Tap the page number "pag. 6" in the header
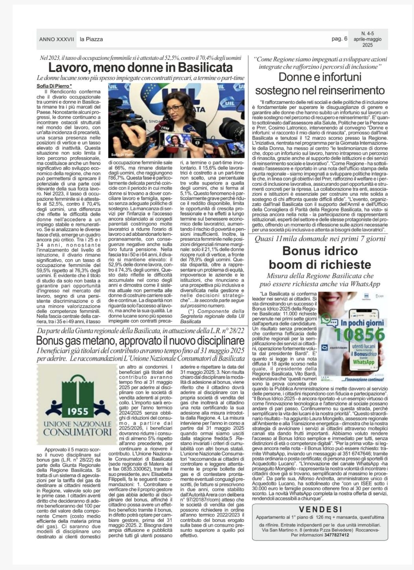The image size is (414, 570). tap(340, 39)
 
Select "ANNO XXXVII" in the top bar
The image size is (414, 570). tap(57, 39)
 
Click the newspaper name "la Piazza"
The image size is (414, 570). tap(91, 39)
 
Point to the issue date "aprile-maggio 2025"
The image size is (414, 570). tap(367, 42)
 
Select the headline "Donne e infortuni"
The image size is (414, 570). tap(320, 77)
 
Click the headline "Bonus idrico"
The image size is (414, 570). tap(320, 251)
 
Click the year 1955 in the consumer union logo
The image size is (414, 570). tap(78, 412)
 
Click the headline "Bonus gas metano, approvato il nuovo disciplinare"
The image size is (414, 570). tap(140, 340)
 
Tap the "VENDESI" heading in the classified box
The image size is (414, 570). tap(320, 509)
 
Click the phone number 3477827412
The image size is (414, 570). tap(334, 535)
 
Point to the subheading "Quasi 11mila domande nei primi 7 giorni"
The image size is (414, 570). tap(320, 239)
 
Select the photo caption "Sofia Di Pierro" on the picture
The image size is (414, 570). tap(123, 155)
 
